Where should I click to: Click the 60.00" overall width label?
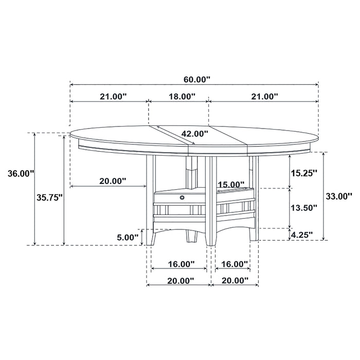pos(197,79)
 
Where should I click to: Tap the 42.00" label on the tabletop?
pos(194,134)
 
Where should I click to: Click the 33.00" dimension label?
pos(339,195)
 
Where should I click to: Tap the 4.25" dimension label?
pos(302,235)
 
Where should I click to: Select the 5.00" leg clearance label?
pos(128,237)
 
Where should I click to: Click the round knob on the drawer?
pos(182,196)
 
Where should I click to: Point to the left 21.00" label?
pos(113,96)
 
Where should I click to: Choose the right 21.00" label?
pos(264,96)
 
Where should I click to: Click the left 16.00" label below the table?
pos(181,264)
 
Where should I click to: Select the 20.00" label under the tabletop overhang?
pos(113,181)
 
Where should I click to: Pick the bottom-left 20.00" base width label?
pos(181,280)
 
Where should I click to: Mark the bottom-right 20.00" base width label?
pos(235,280)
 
